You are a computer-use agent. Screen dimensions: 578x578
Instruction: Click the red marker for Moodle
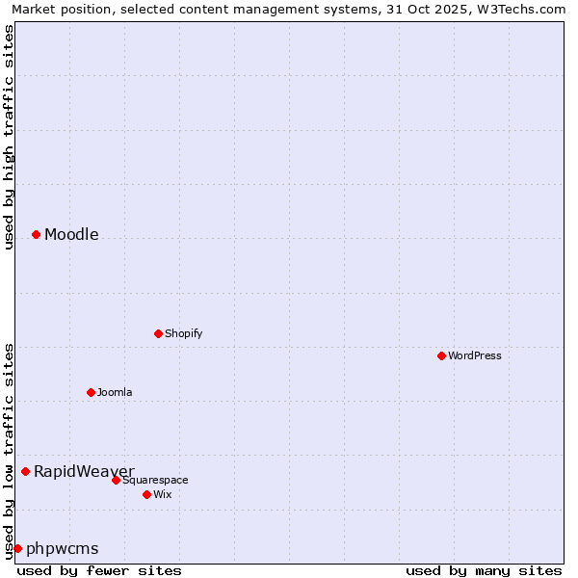click(x=36, y=234)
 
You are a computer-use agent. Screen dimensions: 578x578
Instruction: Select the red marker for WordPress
click(x=441, y=355)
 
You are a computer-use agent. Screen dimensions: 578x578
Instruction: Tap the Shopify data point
click(x=158, y=333)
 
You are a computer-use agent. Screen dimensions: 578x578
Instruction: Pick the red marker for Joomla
click(x=91, y=392)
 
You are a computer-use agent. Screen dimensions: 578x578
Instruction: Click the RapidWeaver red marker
click(x=25, y=471)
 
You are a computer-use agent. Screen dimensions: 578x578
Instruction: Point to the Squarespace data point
click(x=116, y=480)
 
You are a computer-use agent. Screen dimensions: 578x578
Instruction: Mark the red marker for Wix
click(x=146, y=494)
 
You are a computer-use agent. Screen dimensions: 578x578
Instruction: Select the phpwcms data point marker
click(x=17, y=548)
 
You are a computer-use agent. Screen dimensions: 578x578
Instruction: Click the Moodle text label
click(x=71, y=234)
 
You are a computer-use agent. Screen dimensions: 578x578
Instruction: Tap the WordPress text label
click(x=475, y=355)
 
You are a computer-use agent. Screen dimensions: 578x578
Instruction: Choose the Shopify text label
click(x=183, y=333)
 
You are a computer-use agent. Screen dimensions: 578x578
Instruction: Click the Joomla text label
click(x=115, y=392)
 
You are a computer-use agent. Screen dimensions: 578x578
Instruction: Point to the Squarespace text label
click(x=155, y=480)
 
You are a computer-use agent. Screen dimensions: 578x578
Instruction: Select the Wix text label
click(x=162, y=494)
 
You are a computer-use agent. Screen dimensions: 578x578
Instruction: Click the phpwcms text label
click(x=63, y=548)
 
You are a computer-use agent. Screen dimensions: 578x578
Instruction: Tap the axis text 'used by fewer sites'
click(x=99, y=570)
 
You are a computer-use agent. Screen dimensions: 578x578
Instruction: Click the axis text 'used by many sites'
click(x=484, y=570)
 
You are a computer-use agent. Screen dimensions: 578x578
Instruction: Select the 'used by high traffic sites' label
click(x=9, y=137)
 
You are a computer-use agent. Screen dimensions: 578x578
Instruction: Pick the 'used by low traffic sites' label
click(x=9, y=451)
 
